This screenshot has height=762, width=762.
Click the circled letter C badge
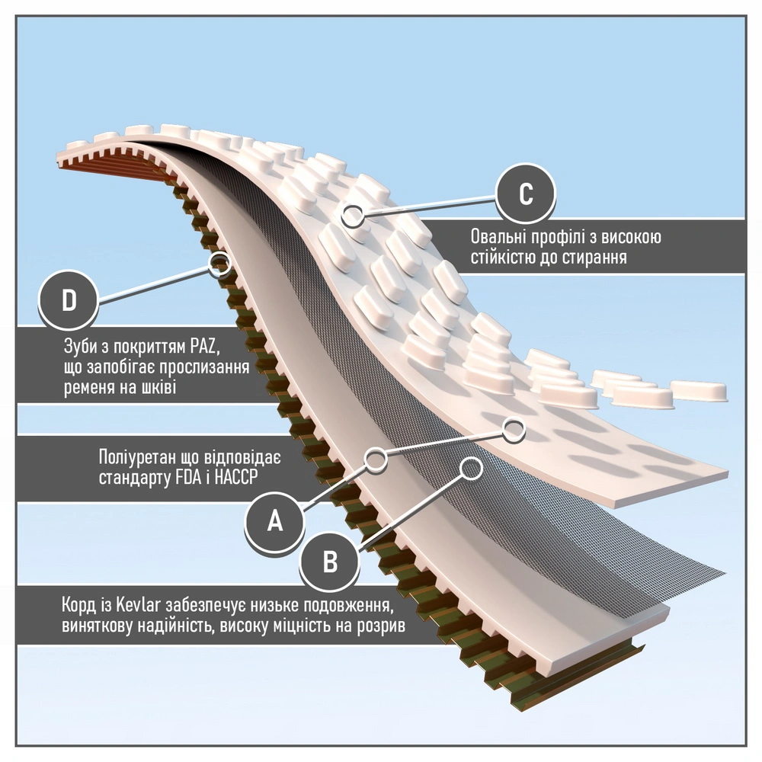click(x=526, y=194)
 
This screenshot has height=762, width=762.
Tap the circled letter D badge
click(x=69, y=300)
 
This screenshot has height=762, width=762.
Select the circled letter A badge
click(x=275, y=521)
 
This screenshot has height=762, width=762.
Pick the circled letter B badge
click(x=330, y=563)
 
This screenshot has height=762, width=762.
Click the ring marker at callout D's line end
click(x=220, y=264)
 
